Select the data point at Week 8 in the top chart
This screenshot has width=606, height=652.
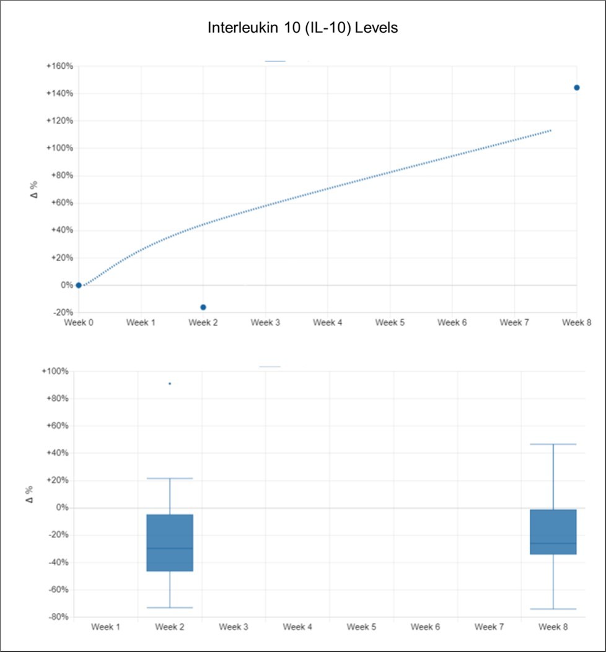576,87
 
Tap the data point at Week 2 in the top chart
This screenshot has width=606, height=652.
203,307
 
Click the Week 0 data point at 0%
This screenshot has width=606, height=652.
79,285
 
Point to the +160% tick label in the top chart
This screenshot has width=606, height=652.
60,66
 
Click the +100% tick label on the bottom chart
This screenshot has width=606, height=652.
55,371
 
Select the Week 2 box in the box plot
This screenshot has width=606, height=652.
170,542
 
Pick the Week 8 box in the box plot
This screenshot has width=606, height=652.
553,532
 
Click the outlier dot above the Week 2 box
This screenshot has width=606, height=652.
170,384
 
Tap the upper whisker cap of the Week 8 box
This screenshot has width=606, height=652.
553,444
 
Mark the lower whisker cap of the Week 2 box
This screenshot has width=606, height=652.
170,607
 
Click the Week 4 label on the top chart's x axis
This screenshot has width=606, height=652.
327,323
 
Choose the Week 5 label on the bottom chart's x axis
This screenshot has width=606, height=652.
361,627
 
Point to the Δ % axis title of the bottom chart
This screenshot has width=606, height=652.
29,494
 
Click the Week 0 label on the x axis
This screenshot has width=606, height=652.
79,323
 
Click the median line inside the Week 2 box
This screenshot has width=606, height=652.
170,548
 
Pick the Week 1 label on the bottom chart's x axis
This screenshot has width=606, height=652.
105,627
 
